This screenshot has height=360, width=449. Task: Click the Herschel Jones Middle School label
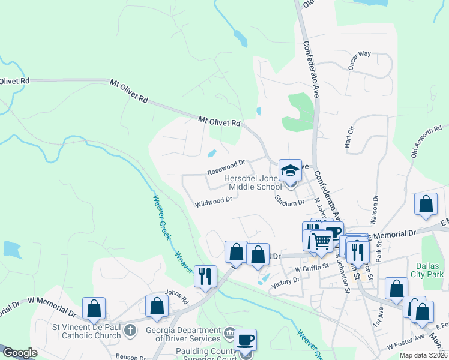pos(252,183)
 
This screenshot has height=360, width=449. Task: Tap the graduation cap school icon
pos(290,170)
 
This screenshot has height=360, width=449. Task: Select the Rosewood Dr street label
pos(226,167)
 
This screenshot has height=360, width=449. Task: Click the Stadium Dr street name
pos(289,201)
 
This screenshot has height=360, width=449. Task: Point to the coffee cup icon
pos(245,340)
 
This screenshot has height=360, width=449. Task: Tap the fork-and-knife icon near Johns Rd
pos(205,276)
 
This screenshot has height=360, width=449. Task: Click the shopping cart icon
pos(322,241)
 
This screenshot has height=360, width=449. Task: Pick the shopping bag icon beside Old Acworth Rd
pos(426,204)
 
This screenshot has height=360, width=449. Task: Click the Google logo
pos(19,353)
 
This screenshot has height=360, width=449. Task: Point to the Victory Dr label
pos(285,280)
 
